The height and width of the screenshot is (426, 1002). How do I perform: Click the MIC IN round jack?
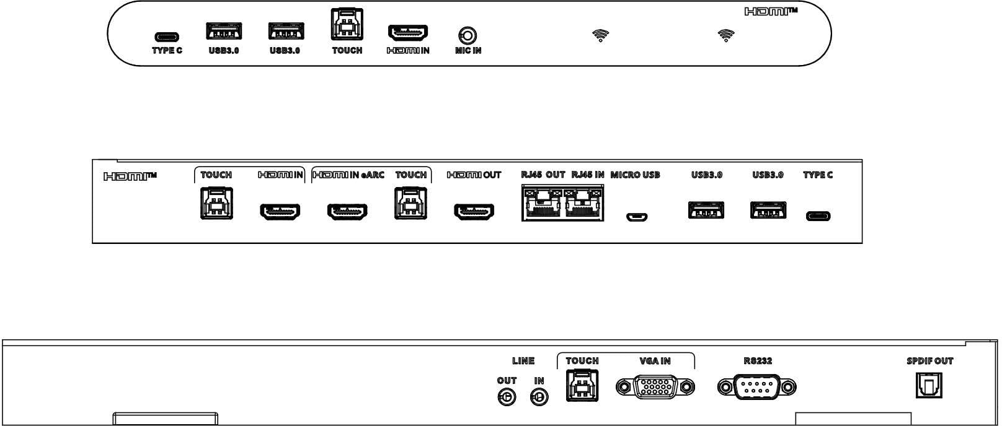coord(468,36)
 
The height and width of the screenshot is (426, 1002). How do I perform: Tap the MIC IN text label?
coord(468,50)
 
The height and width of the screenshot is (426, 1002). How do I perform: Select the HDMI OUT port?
coord(474,211)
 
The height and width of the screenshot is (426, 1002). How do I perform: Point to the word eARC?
coord(373,175)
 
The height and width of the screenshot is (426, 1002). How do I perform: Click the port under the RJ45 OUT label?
coord(542,203)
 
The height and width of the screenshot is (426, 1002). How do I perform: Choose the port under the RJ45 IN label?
coord(583,203)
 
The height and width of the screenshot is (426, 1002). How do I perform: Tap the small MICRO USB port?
coord(637,217)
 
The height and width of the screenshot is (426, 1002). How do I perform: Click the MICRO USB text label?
coord(635,175)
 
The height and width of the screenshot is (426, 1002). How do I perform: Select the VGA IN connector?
coord(655,387)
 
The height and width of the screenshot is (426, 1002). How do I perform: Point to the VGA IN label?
coord(655,361)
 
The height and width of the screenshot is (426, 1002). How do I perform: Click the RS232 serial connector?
coord(757,387)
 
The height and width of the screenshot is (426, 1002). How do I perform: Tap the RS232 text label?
coord(758,361)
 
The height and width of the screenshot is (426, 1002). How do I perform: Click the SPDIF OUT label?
coord(930,361)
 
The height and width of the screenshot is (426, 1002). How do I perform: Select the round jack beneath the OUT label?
coord(507,397)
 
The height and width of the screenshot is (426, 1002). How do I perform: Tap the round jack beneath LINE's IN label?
coord(539,397)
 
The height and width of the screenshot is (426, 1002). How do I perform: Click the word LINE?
coord(523,361)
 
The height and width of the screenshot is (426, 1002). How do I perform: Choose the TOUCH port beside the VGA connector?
coord(582,386)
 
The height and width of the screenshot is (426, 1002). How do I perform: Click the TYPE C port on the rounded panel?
coord(167,37)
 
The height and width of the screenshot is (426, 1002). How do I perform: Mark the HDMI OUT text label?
coord(474,175)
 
